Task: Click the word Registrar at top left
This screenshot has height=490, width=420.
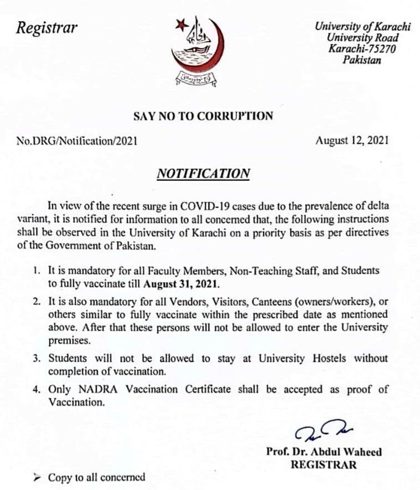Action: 47,28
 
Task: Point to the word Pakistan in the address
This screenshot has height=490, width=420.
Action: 362,60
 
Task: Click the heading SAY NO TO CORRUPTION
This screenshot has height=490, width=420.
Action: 204,116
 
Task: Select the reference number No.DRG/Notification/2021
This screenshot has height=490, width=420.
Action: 78,141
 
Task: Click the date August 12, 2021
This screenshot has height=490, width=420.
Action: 352,140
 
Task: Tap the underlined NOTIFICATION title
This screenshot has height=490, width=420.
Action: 204,174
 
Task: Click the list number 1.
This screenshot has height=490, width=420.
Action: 35,272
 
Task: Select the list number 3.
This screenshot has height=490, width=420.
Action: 35,359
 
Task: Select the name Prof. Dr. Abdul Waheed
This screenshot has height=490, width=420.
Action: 324,452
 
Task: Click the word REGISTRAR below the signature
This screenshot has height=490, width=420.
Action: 324,465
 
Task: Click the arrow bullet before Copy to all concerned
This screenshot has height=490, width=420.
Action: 37,477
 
